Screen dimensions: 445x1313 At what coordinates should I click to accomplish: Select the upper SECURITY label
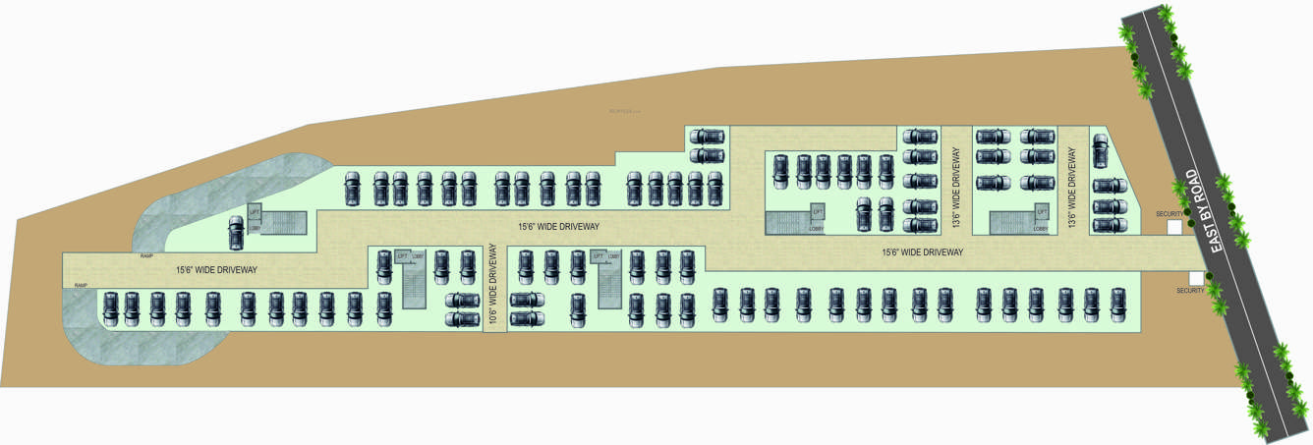tap(1169, 213)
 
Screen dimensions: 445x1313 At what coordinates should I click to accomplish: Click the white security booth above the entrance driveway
tap(1173, 227)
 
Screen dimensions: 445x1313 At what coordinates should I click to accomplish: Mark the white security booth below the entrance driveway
tap(1196, 278)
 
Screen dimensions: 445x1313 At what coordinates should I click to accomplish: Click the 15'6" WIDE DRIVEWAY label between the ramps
tap(216, 269)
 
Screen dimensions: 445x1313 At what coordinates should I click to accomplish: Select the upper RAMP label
tap(146, 254)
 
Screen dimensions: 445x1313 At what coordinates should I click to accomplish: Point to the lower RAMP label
tap(80, 285)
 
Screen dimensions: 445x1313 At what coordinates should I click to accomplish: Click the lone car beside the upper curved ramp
tap(236, 233)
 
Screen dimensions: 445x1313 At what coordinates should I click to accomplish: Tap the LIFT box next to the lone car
tap(255, 212)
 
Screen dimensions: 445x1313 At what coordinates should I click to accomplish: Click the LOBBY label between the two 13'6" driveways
tap(1040, 229)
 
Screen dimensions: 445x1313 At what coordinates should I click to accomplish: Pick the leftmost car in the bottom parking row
tap(109, 307)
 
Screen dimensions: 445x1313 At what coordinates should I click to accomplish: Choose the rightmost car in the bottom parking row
tap(1118, 305)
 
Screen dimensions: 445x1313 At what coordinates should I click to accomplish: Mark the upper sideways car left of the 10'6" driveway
tap(462, 301)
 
